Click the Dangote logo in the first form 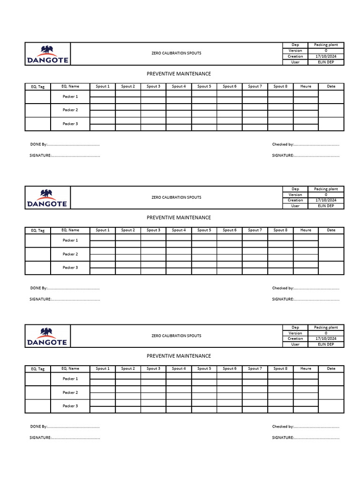coord(47,54)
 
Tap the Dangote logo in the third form coord(47,336)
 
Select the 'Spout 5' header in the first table coord(204,86)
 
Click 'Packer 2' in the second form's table coord(70,254)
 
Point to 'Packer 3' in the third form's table coord(70,406)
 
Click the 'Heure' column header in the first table coord(306,86)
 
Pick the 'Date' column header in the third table coord(331,368)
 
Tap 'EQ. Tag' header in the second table coord(37,231)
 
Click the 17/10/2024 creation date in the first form coord(326,56)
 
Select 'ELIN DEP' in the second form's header coord(326,206)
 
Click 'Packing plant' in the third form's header coord(326,328)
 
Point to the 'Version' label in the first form coord(295,51)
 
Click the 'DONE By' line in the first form coord(65,144)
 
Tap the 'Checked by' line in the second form coord(305,288)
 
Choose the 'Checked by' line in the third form coord(305,427)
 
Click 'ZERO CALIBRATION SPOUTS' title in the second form coord(176,197)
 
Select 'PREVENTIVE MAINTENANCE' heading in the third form coord(179,356)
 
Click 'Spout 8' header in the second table coord(280,230)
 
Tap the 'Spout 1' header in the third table coord(102,368)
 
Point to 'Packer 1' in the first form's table coord(70,97)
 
